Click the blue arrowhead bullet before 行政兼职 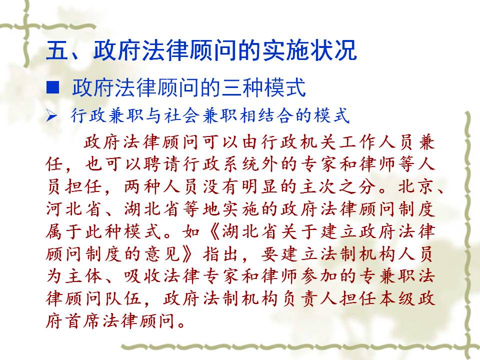(51, 116)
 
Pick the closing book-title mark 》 (191, 254)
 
